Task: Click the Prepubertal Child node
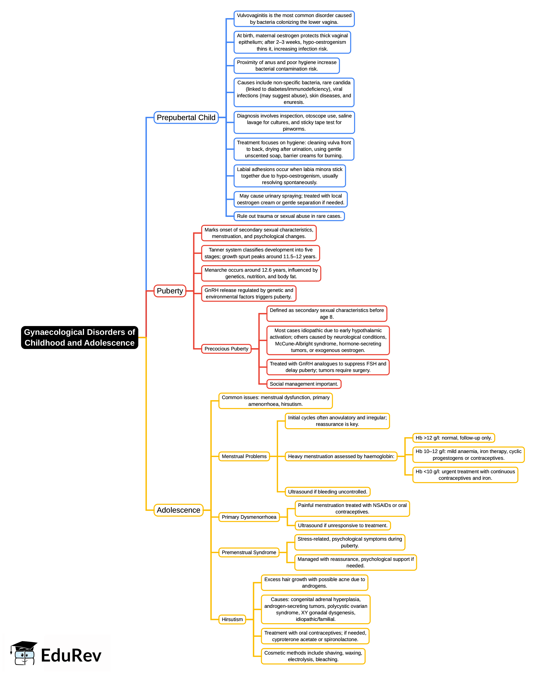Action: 186,117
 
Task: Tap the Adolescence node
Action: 178,510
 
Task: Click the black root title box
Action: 80,337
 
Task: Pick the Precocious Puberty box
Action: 226,349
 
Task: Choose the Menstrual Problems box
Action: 244,456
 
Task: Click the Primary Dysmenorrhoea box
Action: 249,517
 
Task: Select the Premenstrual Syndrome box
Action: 249,552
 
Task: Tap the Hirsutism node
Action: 232,619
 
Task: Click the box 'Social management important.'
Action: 304,384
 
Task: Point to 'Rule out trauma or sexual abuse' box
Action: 289,216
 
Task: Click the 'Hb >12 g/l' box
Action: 454,438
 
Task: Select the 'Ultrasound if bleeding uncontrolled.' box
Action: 328,492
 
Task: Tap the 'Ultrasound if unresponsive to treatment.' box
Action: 342,525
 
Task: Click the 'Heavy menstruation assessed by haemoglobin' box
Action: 341,456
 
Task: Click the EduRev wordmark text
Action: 71,656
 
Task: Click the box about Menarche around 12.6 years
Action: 261,273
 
